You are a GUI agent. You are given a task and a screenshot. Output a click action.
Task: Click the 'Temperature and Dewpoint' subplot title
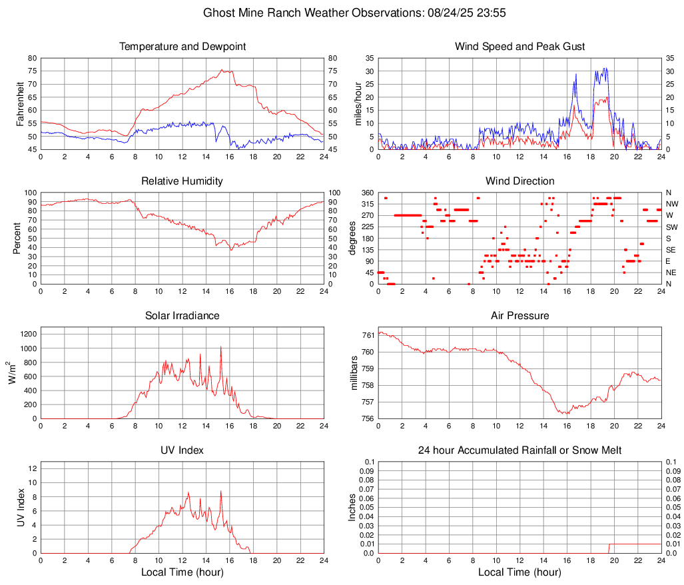(x=182, y=47)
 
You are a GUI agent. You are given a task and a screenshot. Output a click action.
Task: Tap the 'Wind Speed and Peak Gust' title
(x=520, y=47)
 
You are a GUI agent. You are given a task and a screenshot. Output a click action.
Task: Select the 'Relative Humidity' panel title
(x=182, y=181)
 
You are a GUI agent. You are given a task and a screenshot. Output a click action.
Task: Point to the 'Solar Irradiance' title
(x=182, y=316)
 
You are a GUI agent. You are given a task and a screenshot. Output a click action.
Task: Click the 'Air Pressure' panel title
(x=520, y=316)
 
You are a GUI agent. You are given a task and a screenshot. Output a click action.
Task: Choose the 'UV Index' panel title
(x=182, y=450)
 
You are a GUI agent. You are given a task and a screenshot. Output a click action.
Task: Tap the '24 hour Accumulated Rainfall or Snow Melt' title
(x=520, y=450)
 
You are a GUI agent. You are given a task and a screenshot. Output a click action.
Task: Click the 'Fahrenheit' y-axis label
(x=20, y=104)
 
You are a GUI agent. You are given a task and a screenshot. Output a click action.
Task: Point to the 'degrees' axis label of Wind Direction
(x=354, y=239)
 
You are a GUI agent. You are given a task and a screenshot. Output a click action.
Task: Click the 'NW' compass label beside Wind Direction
(x=671, y=204)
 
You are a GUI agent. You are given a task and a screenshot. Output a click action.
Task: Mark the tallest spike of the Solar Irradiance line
(x=220, y=347)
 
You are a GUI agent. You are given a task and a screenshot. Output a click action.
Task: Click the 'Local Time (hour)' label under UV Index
(x=182, y=572)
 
